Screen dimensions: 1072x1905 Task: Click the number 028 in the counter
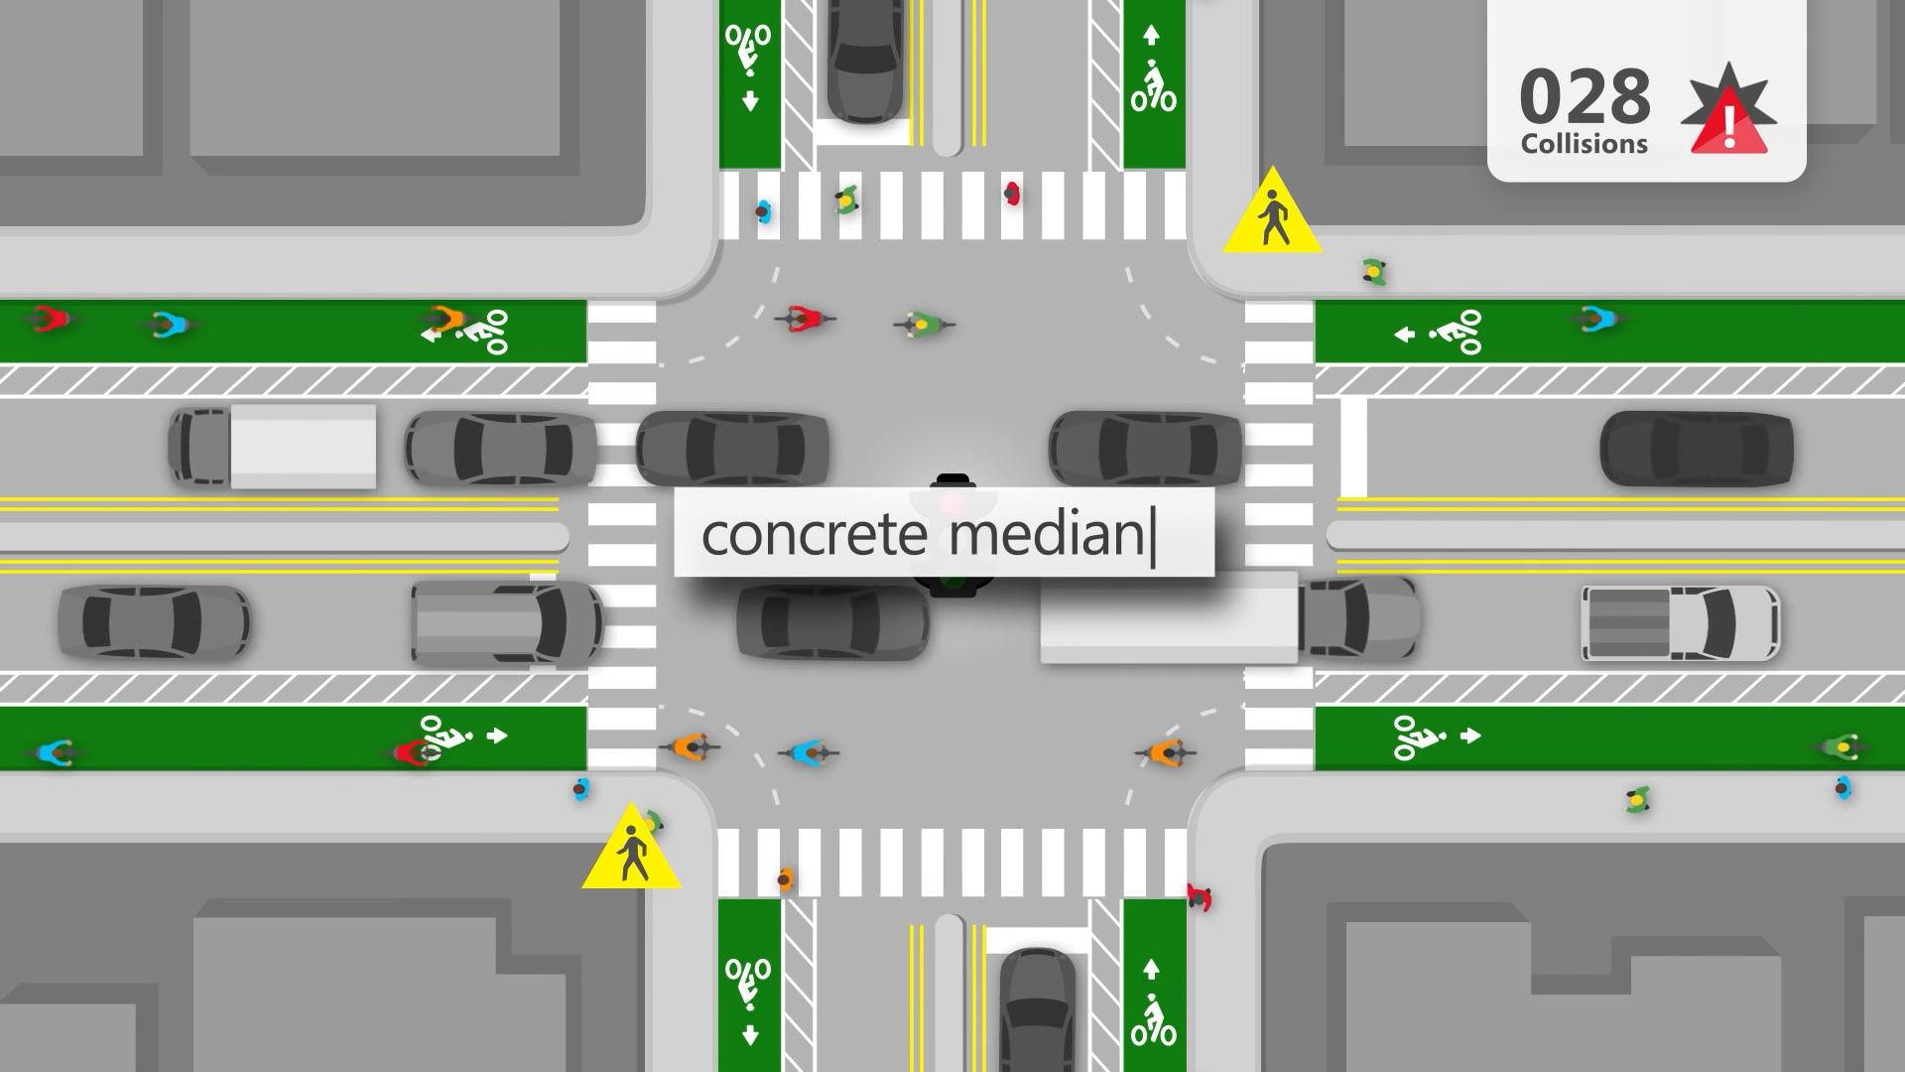pos(1585,97)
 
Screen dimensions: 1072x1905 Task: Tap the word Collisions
pos(1584,144)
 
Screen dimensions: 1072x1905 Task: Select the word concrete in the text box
pos(814,535)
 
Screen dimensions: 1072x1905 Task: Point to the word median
pos(1046,534)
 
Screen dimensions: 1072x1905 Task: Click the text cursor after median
pos(1154,537)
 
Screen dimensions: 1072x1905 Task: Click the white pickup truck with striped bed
pos(1681,622)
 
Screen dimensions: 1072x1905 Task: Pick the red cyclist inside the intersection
pos(805,319)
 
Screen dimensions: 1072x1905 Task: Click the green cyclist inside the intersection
pos(923,324)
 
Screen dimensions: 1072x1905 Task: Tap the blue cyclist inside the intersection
pos(810,753)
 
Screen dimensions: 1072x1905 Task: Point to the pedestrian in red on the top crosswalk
pos(1012,193)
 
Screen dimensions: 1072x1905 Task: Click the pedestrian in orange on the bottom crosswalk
pos(785,878)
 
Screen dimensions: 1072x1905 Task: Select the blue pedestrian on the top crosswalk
pos(763,210)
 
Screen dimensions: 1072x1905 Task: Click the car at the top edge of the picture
pos(865,60)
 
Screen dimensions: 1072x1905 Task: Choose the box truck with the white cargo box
pos(273,446)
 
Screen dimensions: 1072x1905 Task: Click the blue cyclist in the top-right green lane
pos(1597,320)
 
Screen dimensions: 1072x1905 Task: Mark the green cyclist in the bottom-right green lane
pos(1841,746)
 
